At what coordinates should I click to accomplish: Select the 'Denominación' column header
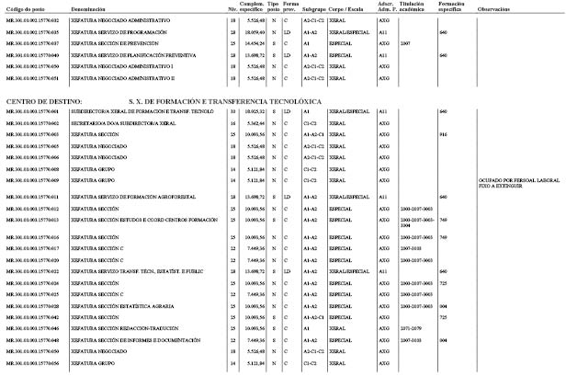(x=92, y=7)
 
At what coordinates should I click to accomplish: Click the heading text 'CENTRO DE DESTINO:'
(x=44, y=99)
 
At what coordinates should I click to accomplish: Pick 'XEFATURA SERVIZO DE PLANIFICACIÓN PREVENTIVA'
(x=120, y=55)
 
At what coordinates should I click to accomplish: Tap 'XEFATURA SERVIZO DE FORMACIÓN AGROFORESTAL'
(x=119, y=197)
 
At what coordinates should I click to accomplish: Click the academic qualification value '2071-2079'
(x=413, y=328)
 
